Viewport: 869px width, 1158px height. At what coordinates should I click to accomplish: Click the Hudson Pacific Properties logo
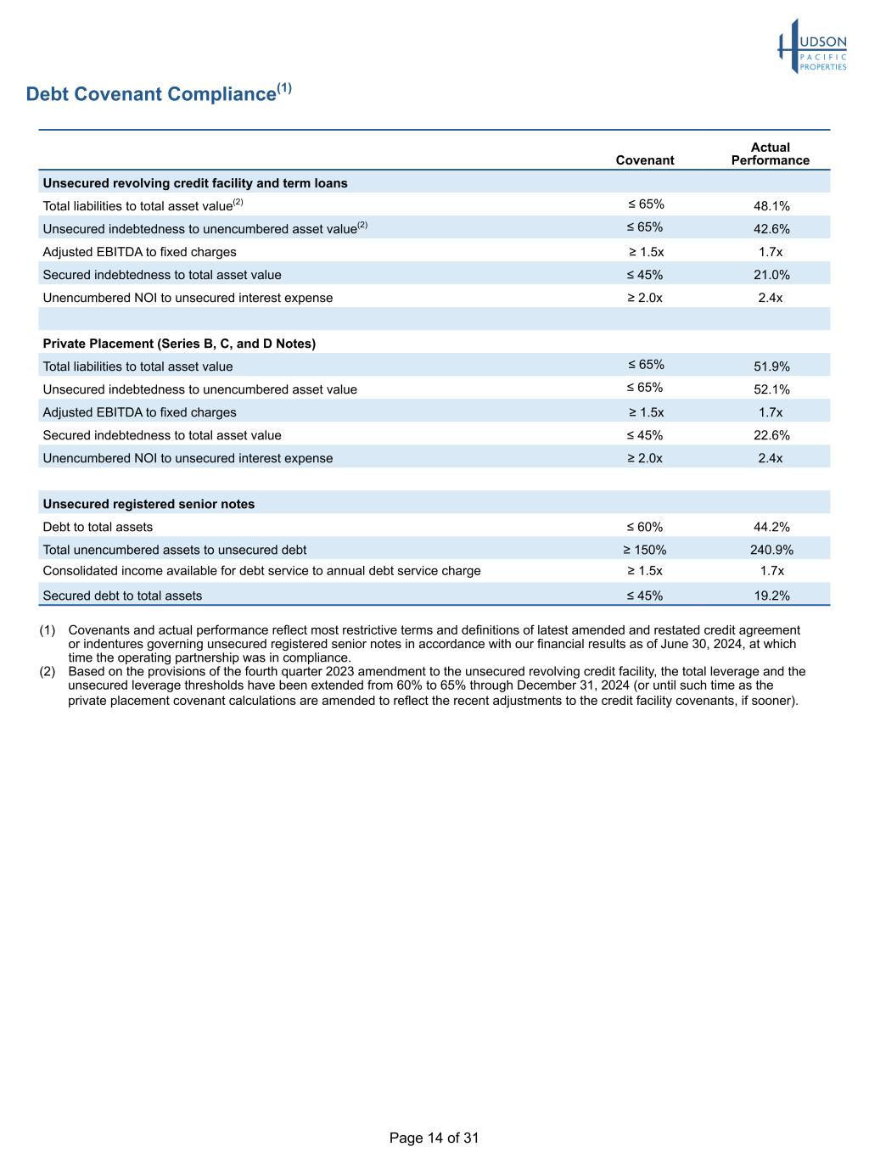[x=812, y=48]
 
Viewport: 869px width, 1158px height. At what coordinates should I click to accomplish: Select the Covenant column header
[x=645, y=160]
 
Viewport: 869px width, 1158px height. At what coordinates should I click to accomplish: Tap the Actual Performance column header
[x=770, y=154]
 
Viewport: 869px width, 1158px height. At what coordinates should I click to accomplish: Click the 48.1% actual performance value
[x=771, y=206]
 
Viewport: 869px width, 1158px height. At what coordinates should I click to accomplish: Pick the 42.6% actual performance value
[x=771, y=229]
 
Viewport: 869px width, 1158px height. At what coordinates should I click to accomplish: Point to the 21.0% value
[x=771, y=275]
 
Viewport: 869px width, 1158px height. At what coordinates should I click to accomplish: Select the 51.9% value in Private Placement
[x=771, y=366]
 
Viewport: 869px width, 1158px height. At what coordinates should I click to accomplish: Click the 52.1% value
[x=771, y=389]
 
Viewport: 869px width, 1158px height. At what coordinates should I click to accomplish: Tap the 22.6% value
[x=771, y=435]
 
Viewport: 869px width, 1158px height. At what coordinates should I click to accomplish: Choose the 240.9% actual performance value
[x=771, y=550]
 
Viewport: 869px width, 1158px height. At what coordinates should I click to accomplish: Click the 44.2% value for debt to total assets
[x=771, y=527]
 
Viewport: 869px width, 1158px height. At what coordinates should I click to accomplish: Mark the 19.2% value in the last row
[x=771, y=596]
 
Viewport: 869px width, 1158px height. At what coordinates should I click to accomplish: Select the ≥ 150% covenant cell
[x=645, y=550]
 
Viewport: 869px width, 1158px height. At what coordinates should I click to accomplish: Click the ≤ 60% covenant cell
[x=645, y=527]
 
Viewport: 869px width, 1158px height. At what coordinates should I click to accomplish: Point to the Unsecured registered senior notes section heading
[x=149, y=504]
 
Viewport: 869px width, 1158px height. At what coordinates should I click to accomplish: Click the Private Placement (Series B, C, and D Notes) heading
[x=179, y=344]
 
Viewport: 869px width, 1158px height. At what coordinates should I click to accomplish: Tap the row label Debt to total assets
[x=98, y=527]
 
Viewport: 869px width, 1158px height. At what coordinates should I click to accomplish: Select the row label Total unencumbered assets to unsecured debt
[x=175, y=550]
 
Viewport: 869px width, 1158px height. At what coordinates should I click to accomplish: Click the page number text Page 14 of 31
[x=434, y=1138]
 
